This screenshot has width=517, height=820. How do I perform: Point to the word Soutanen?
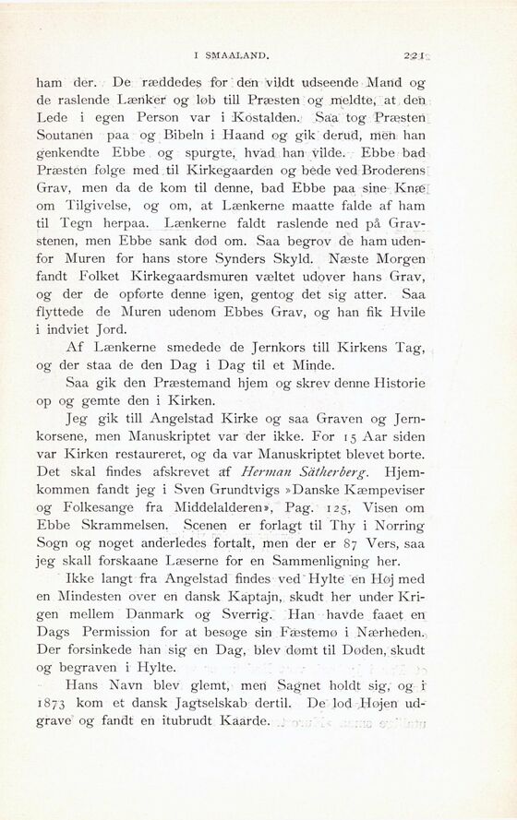point(67,139)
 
